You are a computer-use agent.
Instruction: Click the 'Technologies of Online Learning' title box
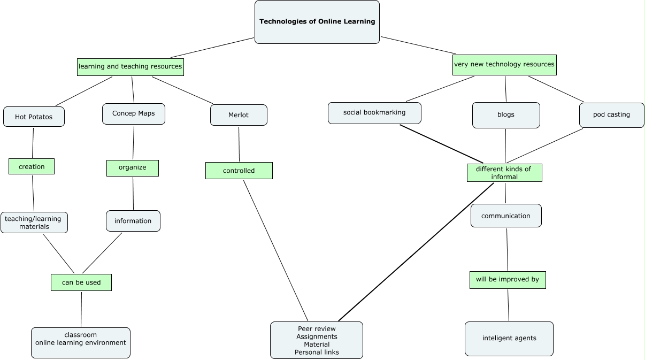[x=317, y=22]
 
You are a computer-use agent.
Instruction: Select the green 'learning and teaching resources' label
[x=130, y=67]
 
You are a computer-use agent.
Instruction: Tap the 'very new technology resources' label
[x=504, y=65]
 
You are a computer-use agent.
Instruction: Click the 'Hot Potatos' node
[x=34, y=117]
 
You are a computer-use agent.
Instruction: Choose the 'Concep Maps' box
[x=134, y=114]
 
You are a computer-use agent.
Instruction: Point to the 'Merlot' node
[x=239, y=115]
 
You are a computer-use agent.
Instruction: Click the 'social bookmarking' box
[x=374, y=113]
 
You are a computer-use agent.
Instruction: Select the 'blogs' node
[x=506, y=115]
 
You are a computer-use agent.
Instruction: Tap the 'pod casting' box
[x=612, y=115]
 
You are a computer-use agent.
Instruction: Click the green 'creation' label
[x=32, y=166]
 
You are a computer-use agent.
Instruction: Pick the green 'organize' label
[x=133, y=168]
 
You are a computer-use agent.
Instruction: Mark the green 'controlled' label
[x=239, y=171]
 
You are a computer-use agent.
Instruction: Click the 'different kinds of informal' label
[x=504, y=173]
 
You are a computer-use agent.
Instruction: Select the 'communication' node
[x=506, y=216]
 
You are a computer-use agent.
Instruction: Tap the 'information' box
[x=133, y=221]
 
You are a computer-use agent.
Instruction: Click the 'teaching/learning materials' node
[x=34, y=223]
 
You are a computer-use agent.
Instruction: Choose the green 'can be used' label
[x=81, y=282]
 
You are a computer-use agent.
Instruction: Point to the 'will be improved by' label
[x=508, y=280]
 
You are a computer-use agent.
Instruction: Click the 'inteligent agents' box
[x=509, y=339]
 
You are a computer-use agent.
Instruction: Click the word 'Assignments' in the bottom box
[x=317, y=336]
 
